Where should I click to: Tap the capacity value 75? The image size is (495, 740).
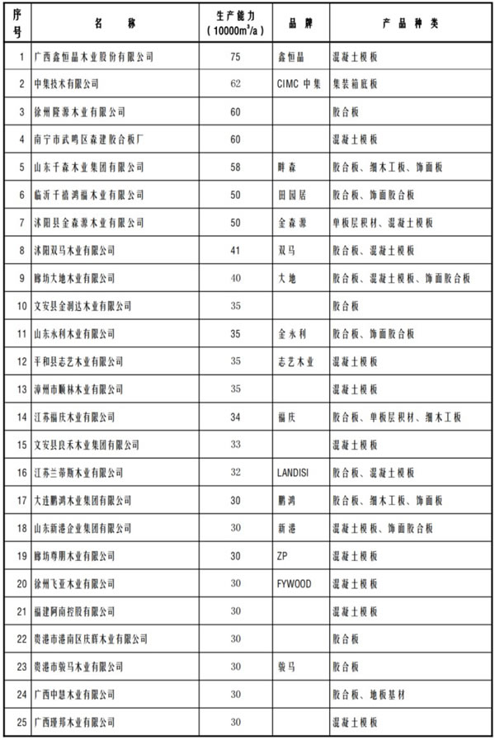[x=235, y=57]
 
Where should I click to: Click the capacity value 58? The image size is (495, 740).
[x=235, y=167]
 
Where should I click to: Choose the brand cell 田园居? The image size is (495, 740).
[x=292, y=195]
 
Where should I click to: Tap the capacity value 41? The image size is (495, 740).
[x=235, y=250]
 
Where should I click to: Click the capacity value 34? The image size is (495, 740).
[x=235, y=417]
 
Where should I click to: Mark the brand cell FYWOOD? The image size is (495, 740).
[x=295, y=583]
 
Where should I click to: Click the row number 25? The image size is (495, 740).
[x=18, y=722]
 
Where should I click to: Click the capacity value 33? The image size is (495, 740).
[x=235, y=445]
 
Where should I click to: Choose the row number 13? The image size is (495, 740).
[x=18, y=389]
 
